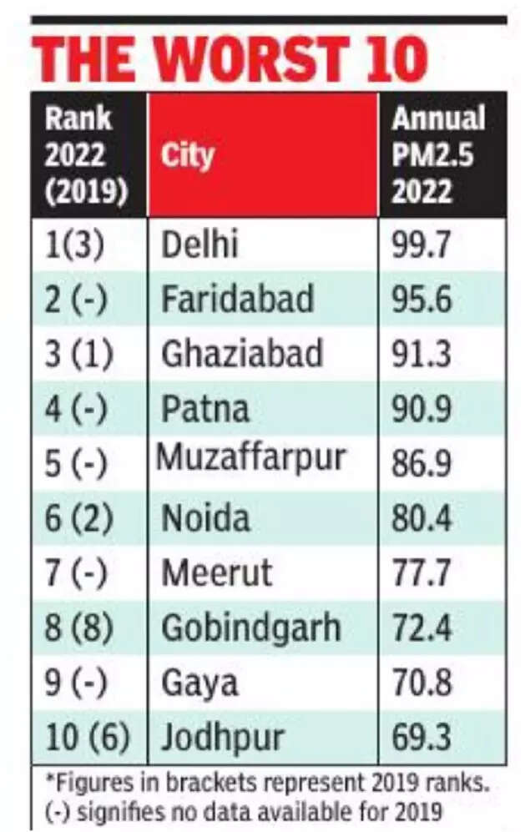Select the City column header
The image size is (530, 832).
(x=188, y=155)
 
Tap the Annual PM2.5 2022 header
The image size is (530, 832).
(x=438, y=155)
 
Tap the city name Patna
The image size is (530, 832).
(x=204, y=410)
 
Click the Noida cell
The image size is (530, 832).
(x=205, y=519)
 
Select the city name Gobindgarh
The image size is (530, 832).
(x=250, y=628)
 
